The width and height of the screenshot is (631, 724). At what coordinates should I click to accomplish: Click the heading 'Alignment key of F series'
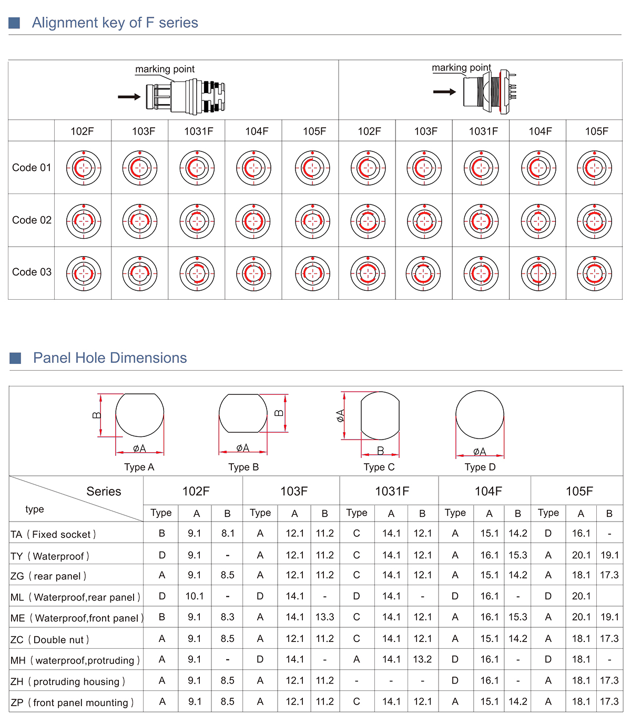point(115,23)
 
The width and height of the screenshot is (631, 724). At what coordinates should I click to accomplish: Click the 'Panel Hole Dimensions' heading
point(110,358)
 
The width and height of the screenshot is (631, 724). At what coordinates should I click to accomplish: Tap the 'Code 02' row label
point(32,220)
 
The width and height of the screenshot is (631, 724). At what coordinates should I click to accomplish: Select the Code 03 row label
point(32,272)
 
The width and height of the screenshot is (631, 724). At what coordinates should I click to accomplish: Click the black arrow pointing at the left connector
point(129,97)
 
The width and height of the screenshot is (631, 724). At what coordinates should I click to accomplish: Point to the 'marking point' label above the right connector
point(461,68)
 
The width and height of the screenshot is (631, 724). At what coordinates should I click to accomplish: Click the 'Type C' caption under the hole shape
point(379,467)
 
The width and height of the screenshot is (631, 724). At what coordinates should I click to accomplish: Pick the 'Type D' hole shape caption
point(480,467)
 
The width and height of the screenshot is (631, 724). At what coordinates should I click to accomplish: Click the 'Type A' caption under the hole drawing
point(139,467)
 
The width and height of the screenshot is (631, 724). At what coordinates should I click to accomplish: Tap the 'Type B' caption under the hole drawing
point(243,467)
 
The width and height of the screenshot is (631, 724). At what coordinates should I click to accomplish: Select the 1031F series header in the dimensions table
point(392,492)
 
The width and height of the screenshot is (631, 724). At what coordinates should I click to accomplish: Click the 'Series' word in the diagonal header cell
point(104,492)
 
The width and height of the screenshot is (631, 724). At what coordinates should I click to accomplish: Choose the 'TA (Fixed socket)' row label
point(53,535)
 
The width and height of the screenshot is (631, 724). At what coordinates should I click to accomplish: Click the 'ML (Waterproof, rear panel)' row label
point(75,598)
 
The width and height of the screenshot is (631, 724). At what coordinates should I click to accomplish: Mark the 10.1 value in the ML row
point(195,596)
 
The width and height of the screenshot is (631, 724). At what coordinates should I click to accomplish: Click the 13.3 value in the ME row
point(324,617)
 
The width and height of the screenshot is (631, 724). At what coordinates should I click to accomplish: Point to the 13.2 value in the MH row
point(422,659)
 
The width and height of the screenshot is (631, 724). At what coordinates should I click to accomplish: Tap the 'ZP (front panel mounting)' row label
point(72,703)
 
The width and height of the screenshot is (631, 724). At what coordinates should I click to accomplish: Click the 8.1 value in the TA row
point(228,534)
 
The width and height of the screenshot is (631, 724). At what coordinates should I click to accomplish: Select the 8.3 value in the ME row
point(227,617)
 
